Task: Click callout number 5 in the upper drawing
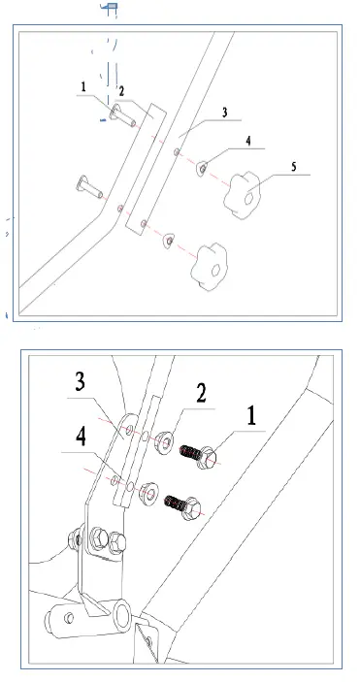pos(292,167)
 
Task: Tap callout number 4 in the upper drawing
pos(248,141)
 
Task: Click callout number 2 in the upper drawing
pos(122,91)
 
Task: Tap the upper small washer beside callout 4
pos(203,170)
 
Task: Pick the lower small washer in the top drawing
pos(169,239)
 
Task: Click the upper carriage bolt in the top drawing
pos(119,119)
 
